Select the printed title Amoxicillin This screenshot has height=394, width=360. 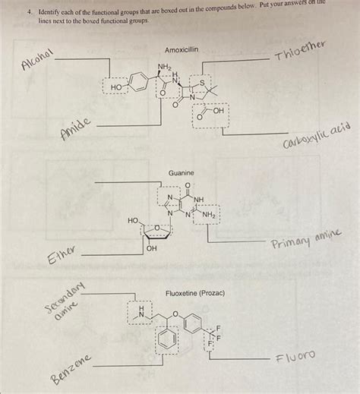click(182, 49)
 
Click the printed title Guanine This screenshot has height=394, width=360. click(182, 174)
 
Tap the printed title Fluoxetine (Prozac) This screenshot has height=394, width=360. click(195, 293)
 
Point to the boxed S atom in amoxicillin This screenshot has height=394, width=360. click(201, 79)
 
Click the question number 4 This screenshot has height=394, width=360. click(23, 14)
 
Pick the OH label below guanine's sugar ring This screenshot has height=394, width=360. click(151, 248)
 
